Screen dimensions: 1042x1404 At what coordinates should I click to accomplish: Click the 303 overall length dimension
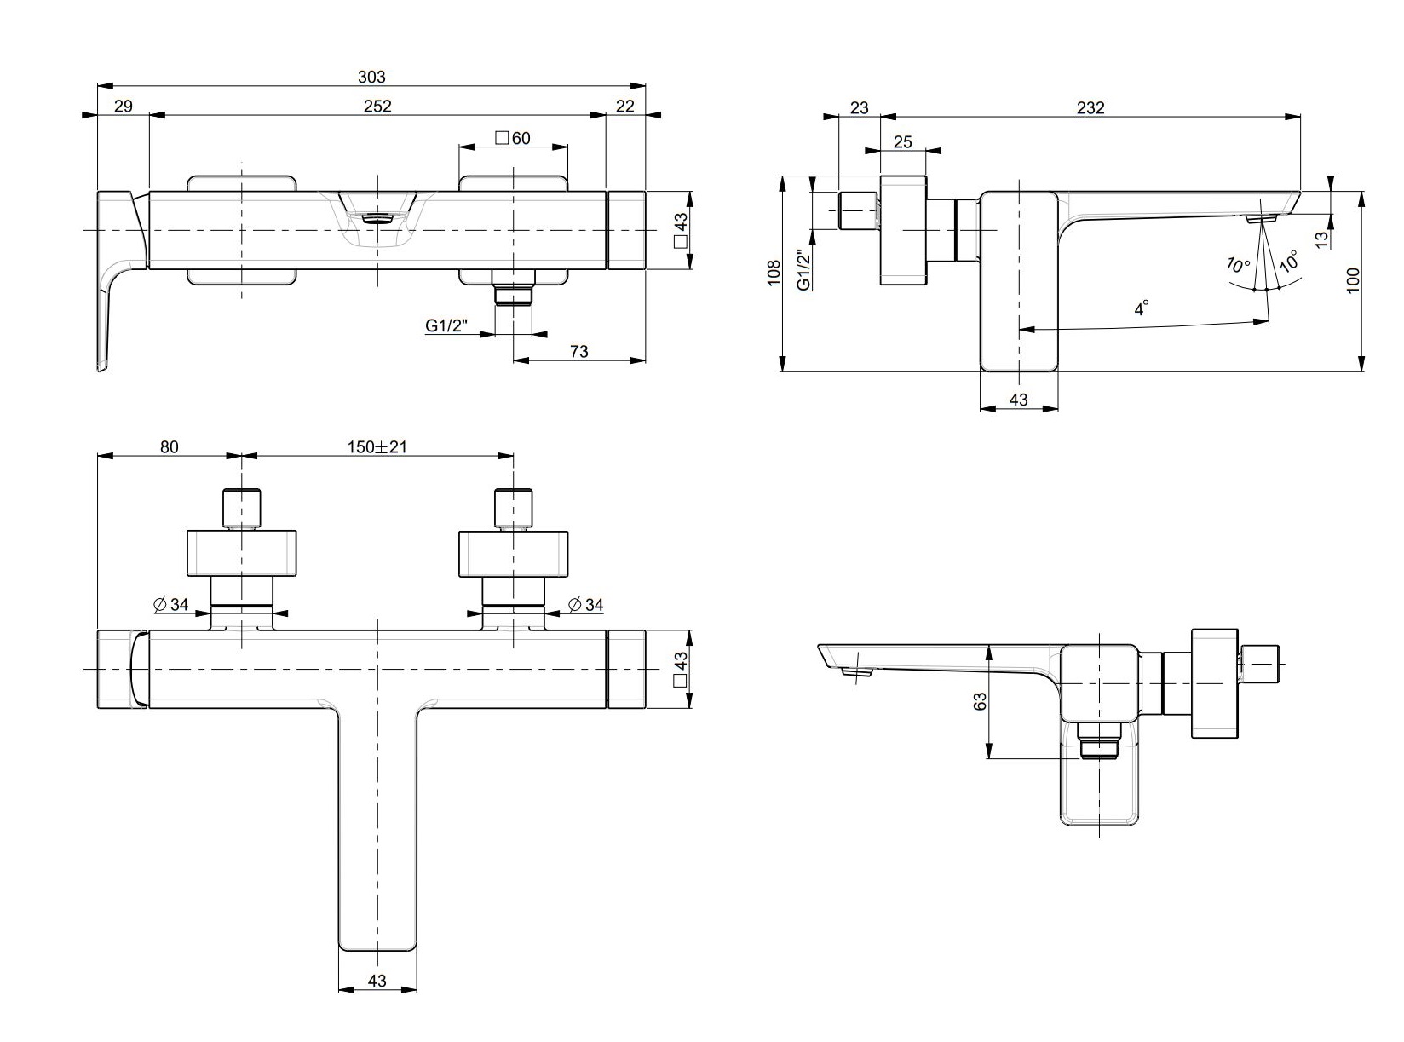coord(371,77)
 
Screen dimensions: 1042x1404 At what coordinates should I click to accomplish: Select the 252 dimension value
coord(377,106)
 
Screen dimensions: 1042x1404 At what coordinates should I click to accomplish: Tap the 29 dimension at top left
coord(124,106)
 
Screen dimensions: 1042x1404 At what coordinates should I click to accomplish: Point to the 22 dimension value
coord(625,106)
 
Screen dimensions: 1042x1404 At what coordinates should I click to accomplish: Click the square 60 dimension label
coord(512,138)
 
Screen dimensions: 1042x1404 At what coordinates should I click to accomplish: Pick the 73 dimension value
coord(578,351)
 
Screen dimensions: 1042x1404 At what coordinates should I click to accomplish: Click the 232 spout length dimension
coord(1090,107)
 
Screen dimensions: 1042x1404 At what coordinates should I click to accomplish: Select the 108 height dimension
coord(774,273)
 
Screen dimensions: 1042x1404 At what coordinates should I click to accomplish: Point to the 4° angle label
coord(1142,308)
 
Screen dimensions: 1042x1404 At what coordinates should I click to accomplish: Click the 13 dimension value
coord(1321,240)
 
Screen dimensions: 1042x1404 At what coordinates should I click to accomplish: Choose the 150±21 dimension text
coord(377,446)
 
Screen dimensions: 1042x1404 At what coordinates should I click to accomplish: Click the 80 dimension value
coord(170,446)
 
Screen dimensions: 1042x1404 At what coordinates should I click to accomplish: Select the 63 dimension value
coord(980,701)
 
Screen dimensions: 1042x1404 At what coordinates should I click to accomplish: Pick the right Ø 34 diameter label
coord(585,604)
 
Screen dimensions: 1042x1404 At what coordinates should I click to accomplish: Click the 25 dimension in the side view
coord(903,141)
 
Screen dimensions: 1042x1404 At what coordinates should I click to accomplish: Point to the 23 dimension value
coord(860,107)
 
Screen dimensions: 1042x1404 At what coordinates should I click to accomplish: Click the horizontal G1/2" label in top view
coord(447,325)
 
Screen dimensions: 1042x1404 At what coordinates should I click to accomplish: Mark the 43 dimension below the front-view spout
coord(377,981)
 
